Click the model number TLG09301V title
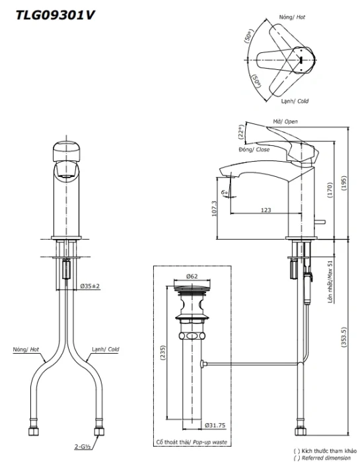pyautogui.click(x=55, y=15)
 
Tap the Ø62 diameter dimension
pyautogui.click(x=192, y=277)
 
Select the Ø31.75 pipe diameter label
pyautogui.click(x=215, y=425)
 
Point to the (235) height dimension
pyautogui.click(x=162, y=352)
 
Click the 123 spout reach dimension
pyautogui.click(x=266, y=210)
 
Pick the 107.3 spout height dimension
pyautogui.click(x=214, y=209)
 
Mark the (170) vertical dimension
pyautogui.click(x=330, y=190)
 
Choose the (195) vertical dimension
pyautogui.click(x=343, y=183)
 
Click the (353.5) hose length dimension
pyautogui.click(x=343, y=337)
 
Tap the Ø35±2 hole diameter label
pyautogui.click(x=90, y=286)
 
